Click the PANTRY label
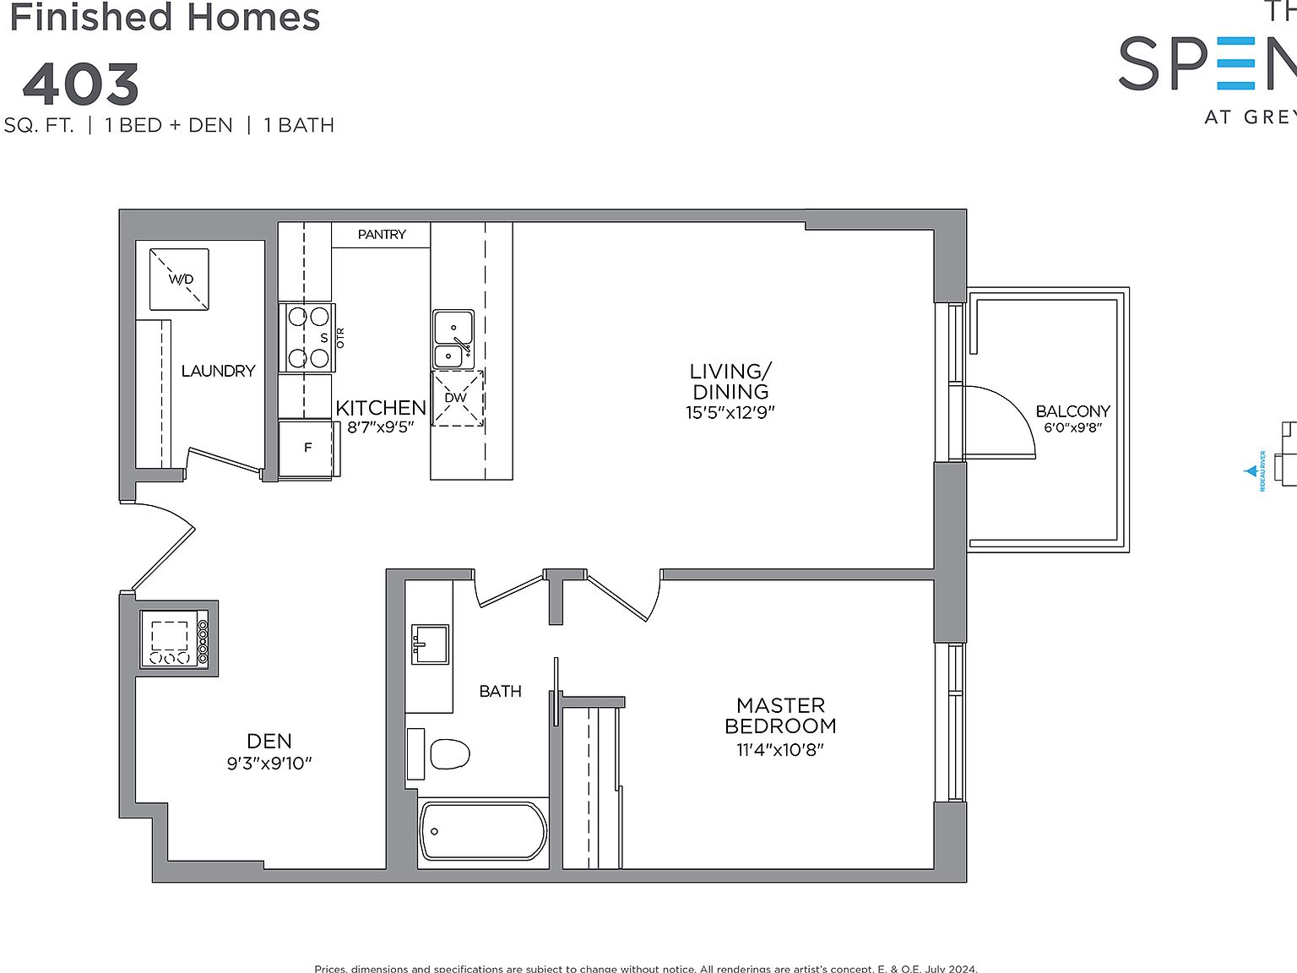click(382, 235)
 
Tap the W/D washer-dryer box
click(179, 280)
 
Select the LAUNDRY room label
click(218, 371)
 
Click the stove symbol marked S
click(307, 338)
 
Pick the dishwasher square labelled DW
click(457, 398)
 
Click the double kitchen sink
click(453, 339)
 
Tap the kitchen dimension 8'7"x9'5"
click(380, 427)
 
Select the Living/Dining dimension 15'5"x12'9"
click(730, 413)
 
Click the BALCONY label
click(1072, 411)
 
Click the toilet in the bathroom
click(448, 754)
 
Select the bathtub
click(483, 832)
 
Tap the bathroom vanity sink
click(430, 644)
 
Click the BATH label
click(500, 692)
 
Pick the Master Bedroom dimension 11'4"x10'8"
click(779, 749)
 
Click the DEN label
click(269, 742)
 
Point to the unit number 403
click(81, 84)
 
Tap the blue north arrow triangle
click(1251, 471)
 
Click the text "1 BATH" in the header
click(299, 126)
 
